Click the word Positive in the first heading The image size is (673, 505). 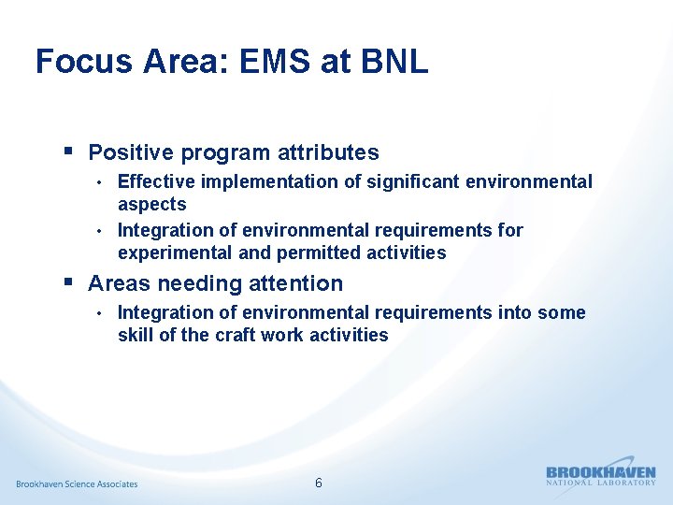click(x=130, y=152)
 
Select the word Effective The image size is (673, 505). click(x=156, y=181)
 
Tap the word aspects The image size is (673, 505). click(x=151, y=204)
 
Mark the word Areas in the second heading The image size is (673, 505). click(x=120, y=283)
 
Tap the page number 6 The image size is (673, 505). click(x=319, y=483)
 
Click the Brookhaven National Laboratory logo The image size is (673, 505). click(x=601, y=476)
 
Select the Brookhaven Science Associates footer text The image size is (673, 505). click(x=77, y=483)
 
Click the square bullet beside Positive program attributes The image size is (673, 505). click(x=68, y=151)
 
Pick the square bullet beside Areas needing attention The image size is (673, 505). click(x=68, y=281)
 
